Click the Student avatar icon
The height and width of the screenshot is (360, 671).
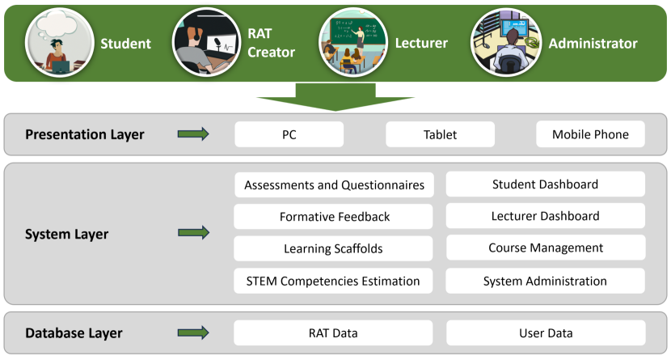pos(60,42)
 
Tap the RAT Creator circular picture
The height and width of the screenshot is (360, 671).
pos(207,42)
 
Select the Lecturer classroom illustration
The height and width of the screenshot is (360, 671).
pos(353,42)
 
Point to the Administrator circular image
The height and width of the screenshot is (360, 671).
pos(506,42)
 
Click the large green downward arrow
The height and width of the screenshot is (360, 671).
pos(335,97)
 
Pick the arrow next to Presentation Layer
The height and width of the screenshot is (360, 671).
pos(193,134)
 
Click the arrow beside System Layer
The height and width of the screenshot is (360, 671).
pos(193,233)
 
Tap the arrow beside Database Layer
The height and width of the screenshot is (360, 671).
pos(193,332)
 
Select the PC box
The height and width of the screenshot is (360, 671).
pos(289,134)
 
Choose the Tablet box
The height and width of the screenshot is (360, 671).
pos(441,134)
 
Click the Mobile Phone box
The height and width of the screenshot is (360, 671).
pos(590,134)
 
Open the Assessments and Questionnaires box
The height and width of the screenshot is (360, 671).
pos(334,185)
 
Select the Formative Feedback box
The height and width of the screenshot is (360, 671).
pos(333,217)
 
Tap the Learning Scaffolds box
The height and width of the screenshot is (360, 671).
pos(333,248)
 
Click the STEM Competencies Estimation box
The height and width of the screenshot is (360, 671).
pos(333,281)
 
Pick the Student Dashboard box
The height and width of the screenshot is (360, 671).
pos(546,184)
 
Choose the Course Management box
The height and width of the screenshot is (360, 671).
pos(546,248)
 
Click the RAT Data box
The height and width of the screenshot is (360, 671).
pos(333,333)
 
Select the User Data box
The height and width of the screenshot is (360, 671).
pos(546,333)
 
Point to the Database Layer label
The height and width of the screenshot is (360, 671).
pos(74,333)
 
